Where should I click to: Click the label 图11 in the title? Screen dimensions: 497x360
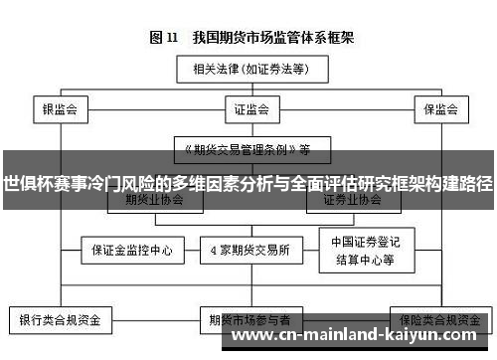[x=163, y=38]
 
